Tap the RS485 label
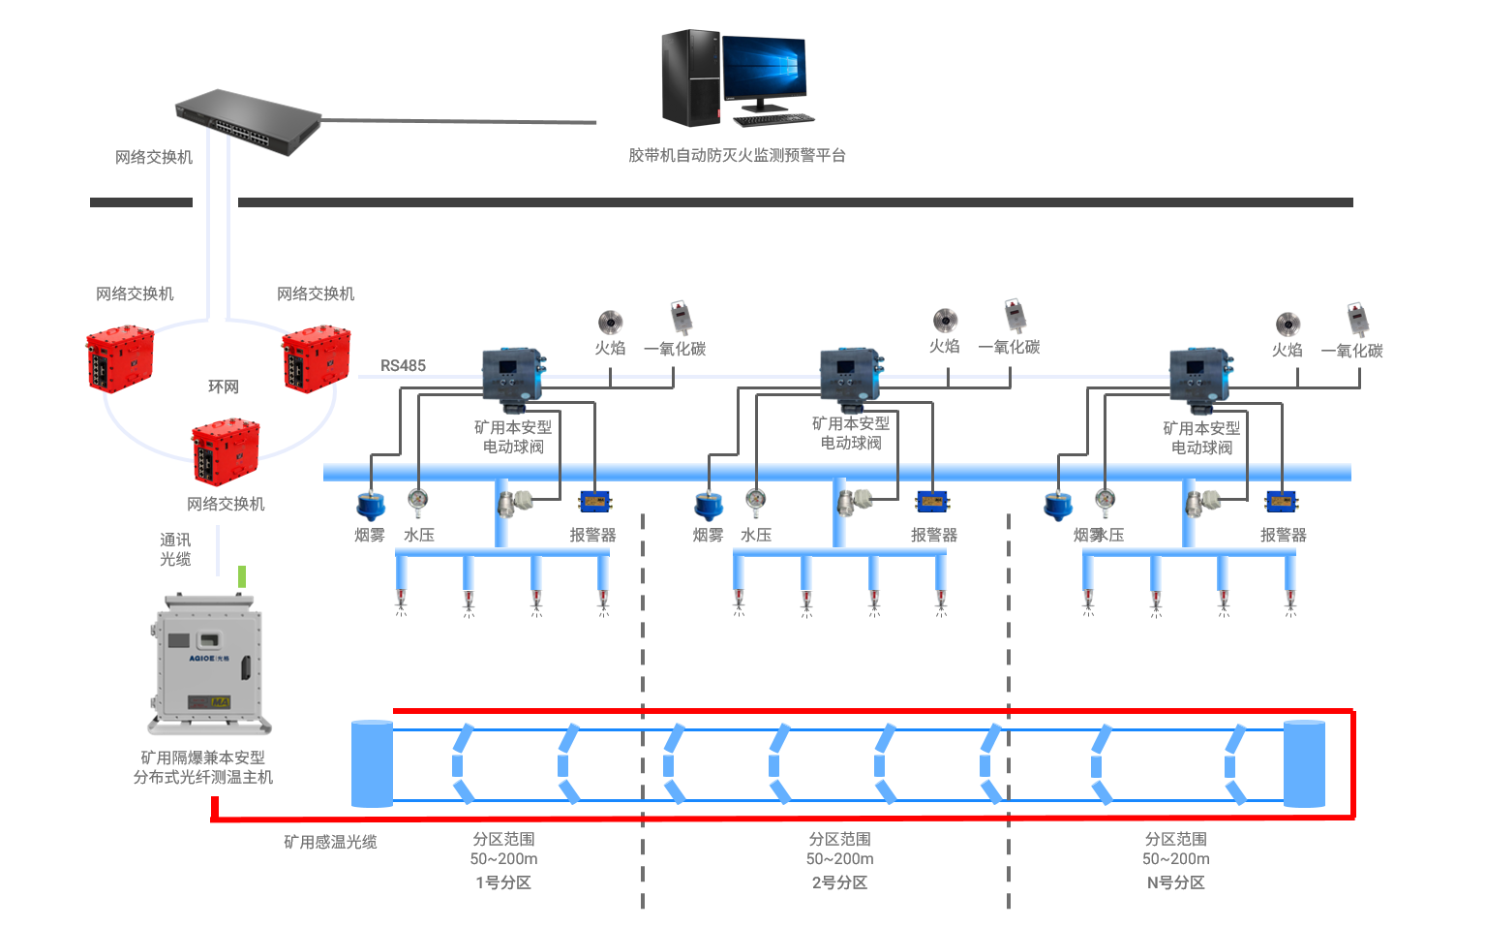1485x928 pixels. coord(403,365)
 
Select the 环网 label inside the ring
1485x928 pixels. coord(223,387)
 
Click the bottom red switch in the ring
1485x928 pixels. coord(226,451)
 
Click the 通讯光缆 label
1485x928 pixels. coord(175,549)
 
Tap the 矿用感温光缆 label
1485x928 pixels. coord(330,842)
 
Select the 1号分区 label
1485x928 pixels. coord(503,882)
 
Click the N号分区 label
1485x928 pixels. coord(1175,882)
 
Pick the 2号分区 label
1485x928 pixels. coord(839,882)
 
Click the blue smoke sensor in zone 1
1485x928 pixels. coord(370,506)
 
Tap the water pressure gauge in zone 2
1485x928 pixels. coord(755,501)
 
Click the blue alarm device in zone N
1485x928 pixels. coord(1282,502)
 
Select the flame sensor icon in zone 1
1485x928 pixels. coord(610,322)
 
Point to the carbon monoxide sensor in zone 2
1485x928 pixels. coord(1014,315)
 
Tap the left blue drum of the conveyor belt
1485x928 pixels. coord(372,763)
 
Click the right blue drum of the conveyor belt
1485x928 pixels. coord(1304,763)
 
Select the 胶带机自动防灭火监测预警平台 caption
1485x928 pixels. coord(737,155)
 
